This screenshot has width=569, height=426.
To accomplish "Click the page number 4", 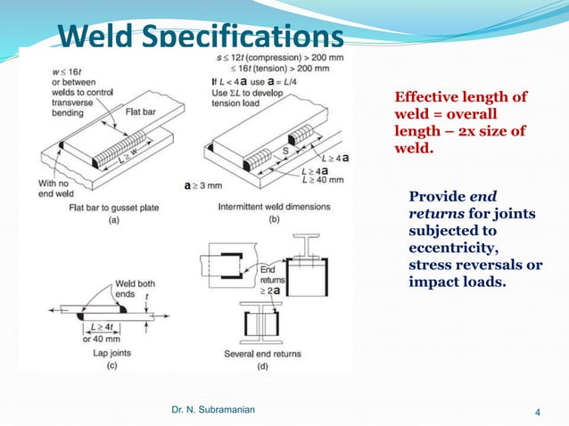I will pos(538,412).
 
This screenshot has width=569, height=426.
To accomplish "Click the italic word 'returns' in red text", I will pos(436,214).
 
